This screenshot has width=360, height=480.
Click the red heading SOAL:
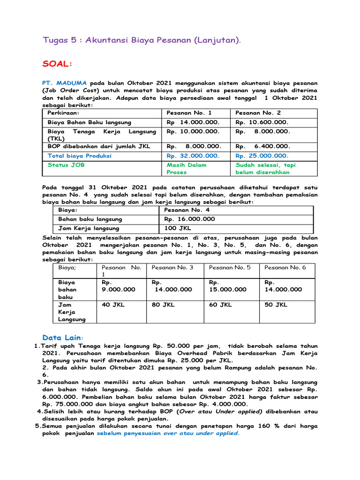58,63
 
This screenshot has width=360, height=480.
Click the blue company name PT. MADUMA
65,82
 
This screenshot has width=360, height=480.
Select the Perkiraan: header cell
64,113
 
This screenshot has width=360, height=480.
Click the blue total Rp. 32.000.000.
193,156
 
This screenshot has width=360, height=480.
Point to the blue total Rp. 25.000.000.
262,156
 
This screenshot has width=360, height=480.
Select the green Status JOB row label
66,165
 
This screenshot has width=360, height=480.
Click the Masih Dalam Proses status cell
187,168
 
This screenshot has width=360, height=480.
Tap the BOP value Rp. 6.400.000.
262,146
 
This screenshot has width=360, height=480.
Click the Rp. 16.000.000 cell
190,219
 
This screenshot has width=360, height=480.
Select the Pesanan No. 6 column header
285,267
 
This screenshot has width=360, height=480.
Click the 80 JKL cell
163,305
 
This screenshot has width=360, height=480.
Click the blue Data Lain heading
61,337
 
